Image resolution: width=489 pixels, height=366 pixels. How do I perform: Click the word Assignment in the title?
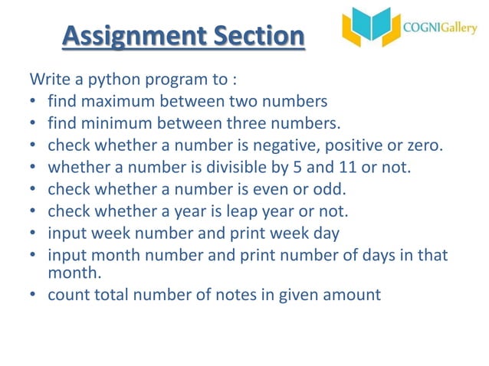(123, 36)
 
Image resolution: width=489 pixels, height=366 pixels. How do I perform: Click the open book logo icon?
(371, 28)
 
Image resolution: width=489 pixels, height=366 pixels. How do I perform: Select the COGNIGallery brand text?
(440, 28)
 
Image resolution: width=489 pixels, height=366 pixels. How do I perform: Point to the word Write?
(48, 80)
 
